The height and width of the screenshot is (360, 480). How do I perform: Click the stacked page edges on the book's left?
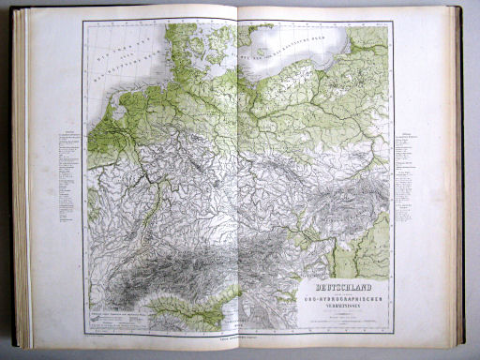point(22,178)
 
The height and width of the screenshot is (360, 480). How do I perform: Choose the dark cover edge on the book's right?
point(459,178)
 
